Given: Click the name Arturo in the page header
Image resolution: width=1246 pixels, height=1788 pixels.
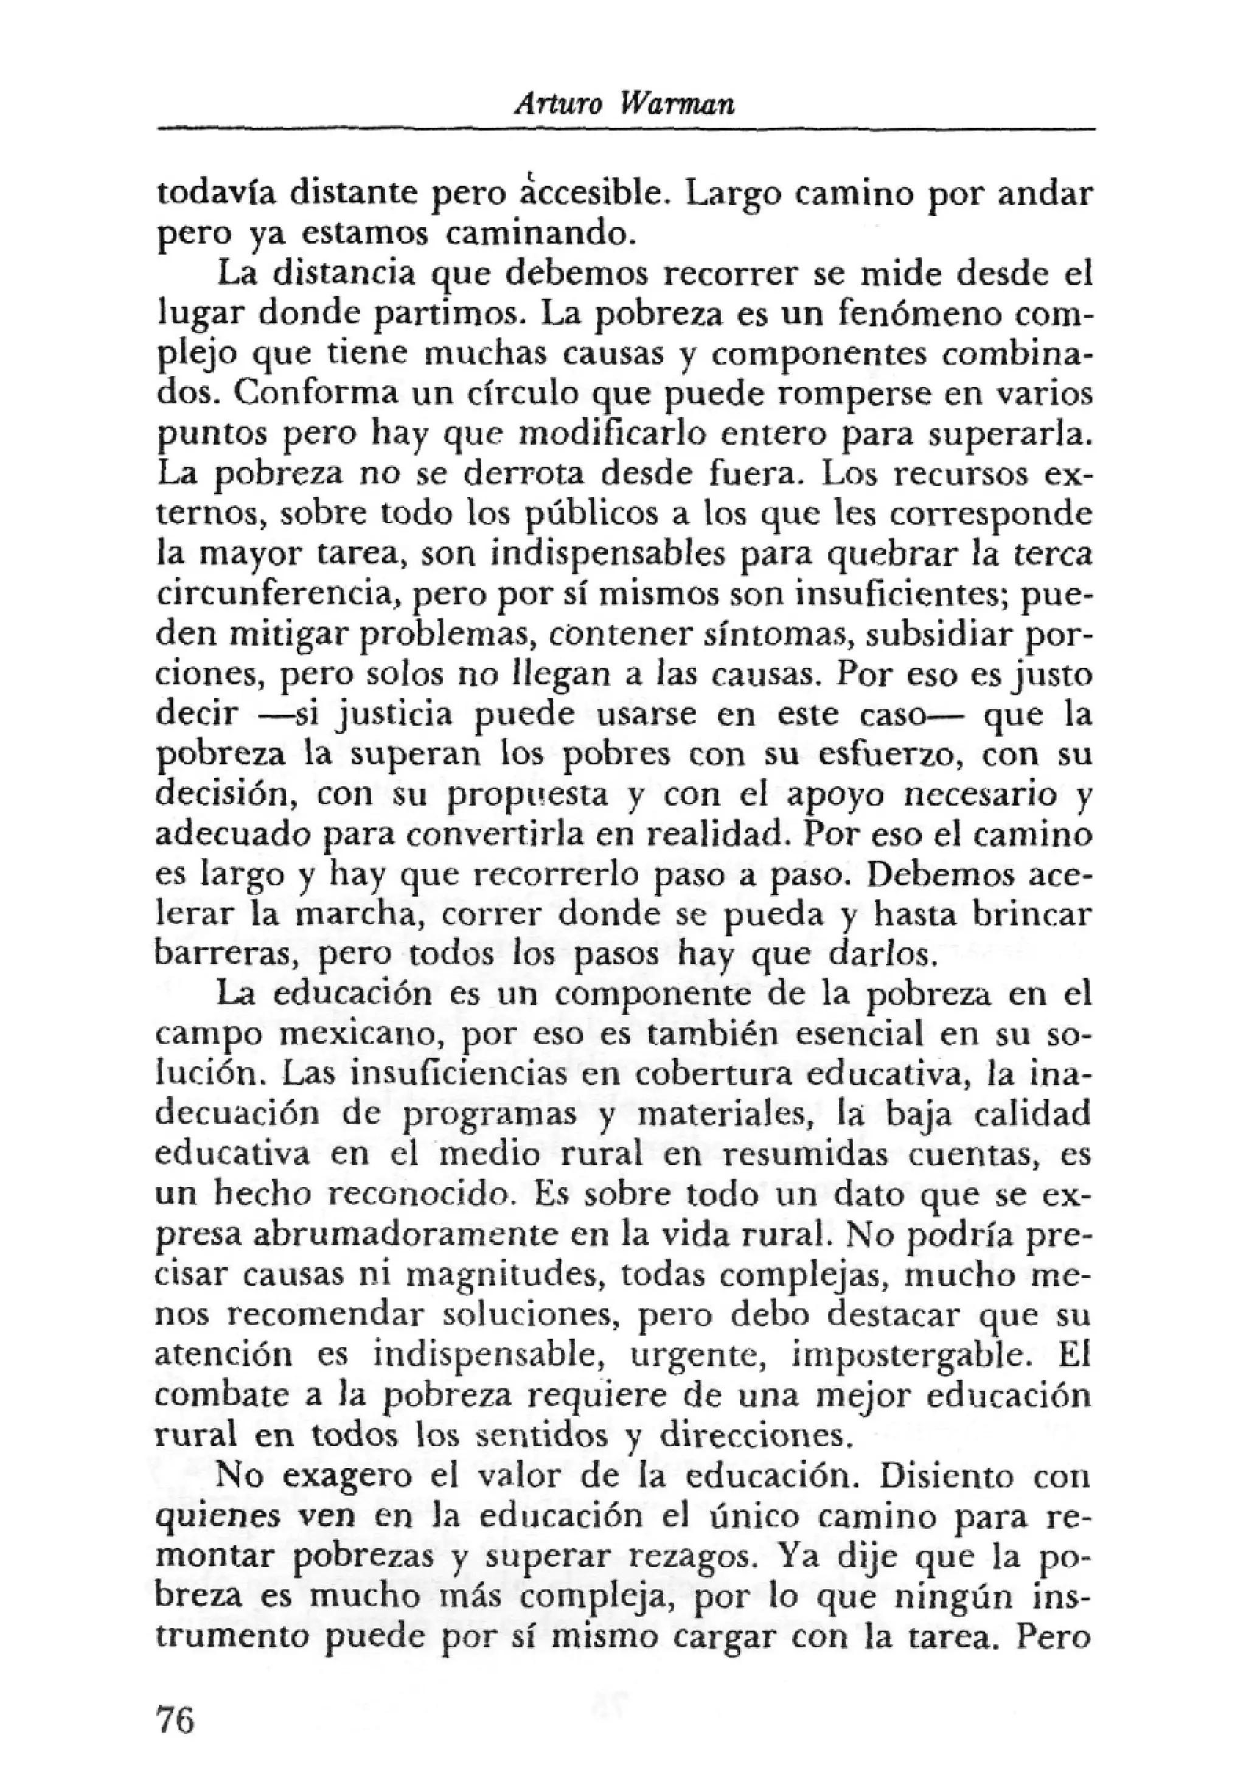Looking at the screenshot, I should tap(559, 105).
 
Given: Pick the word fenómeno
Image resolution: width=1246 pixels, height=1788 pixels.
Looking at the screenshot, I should tap(931, 313).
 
